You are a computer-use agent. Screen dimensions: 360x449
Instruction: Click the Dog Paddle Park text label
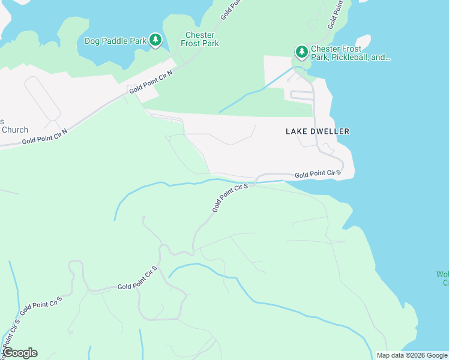point(116,41)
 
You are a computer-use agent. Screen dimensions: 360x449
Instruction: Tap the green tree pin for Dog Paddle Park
point(156,40)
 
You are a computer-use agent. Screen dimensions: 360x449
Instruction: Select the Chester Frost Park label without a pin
point(200,39)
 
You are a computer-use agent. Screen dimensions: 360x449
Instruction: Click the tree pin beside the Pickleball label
point(301,52)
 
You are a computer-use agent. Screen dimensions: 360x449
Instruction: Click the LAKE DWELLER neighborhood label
point(317,131)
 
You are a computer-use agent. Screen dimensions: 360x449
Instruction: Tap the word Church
point(15,130)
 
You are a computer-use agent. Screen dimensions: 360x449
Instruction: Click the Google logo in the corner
point(20,353)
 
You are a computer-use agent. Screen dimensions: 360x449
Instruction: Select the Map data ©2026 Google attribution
point(412,355)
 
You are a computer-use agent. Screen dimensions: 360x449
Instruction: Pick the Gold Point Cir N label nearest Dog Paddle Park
point(151,82)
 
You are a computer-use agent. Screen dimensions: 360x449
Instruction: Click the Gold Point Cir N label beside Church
point(44,136)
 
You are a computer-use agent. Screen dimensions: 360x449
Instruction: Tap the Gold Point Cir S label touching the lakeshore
point(318,174)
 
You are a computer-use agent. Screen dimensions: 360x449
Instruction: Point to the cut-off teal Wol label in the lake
point(442,278)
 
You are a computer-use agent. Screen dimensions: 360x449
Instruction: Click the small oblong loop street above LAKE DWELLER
point(302,95)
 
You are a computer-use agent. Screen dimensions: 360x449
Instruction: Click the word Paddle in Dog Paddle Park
point(116,41)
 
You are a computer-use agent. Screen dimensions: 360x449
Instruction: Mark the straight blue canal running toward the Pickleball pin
point(255,90)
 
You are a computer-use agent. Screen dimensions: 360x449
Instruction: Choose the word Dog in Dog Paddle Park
point(92,41)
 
